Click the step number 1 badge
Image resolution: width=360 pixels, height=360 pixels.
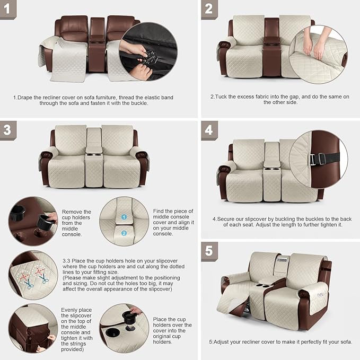[x=7, y=9]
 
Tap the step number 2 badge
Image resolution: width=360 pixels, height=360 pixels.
[x=209, y=9]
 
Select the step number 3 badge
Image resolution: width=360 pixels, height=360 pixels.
[x=7, y=130]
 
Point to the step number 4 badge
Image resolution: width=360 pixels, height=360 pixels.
[x=209, y=130]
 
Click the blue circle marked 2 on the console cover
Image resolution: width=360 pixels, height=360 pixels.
[x=123, y=233]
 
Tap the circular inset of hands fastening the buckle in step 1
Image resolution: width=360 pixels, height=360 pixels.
[x=148, y=51]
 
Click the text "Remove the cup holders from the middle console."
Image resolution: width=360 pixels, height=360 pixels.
[x=76, y=223]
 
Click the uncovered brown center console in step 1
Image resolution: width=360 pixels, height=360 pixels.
[x=97, y=45]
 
